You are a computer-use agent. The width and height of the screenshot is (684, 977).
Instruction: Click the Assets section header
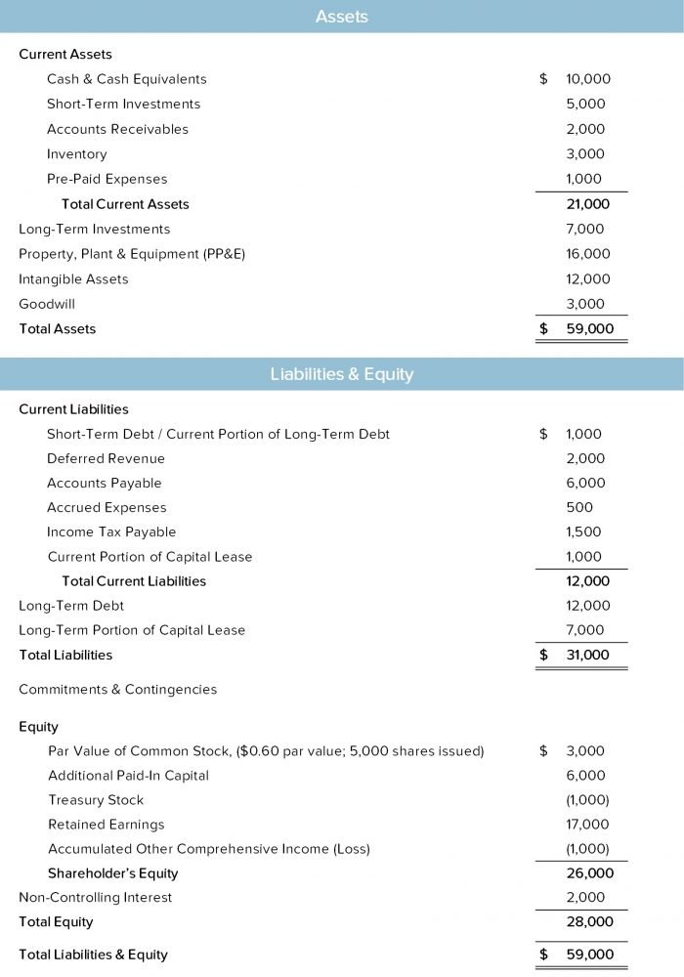342,17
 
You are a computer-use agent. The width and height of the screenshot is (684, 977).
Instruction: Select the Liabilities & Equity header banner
342,373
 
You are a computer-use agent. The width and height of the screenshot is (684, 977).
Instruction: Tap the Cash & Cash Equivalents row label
126,79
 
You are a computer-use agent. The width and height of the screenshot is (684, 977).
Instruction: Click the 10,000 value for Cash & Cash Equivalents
586,79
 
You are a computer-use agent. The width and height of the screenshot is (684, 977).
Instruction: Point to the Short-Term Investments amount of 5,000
586,104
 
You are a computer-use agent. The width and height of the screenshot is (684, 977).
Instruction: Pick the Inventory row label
76,154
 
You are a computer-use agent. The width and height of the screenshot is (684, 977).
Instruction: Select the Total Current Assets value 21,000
587,204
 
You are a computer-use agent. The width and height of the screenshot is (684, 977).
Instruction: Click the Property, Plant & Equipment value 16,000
587,254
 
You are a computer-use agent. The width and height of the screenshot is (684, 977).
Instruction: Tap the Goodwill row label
47,304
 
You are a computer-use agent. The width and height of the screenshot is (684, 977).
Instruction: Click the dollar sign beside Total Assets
544,329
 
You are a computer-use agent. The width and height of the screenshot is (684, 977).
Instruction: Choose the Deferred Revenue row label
106,458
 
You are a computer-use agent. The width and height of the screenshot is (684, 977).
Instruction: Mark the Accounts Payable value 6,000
586,483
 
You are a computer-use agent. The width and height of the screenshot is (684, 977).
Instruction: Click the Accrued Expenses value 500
579,507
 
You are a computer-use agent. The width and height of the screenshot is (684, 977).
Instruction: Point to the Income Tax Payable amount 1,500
584,531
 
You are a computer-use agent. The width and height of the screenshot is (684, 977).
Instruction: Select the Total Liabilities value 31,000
587,655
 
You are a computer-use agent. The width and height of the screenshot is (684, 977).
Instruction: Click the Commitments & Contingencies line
117,689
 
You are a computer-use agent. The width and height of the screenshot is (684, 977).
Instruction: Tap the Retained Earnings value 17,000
587,825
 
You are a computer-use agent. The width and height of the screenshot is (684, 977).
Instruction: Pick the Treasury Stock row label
96,800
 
